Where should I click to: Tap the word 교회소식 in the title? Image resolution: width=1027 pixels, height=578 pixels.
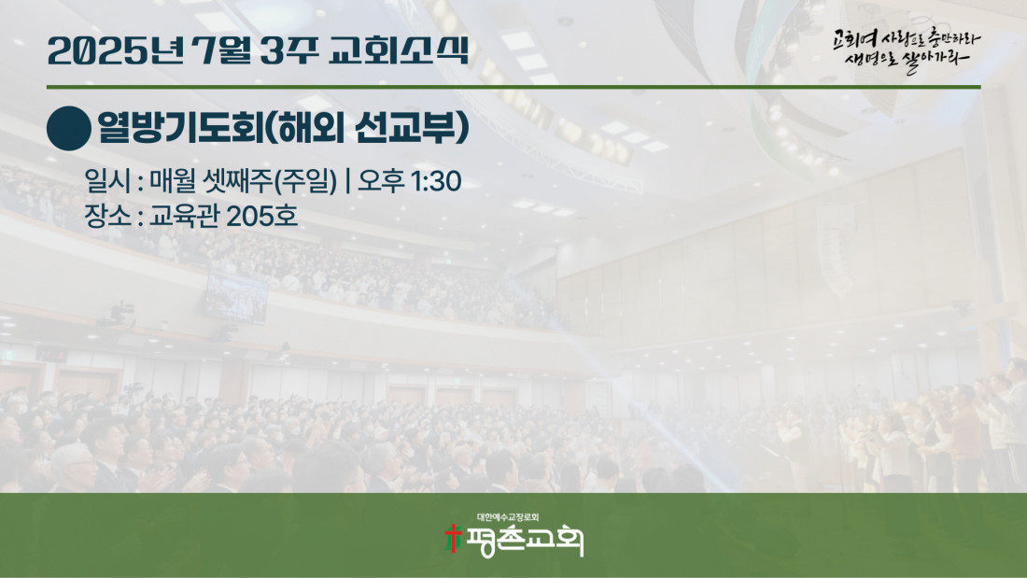tap(400, 50)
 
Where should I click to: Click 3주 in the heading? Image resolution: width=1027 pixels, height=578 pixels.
tap(289, 50)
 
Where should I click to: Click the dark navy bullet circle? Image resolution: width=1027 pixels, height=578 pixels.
tap(69, 129)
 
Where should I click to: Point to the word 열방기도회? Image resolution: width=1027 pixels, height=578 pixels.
tap(180, 127)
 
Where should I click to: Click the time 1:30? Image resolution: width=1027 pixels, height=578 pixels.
tap(436, 181)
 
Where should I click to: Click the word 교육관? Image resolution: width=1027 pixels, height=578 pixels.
tap(185, 216)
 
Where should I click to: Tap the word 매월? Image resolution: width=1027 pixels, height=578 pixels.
tap(174, 181)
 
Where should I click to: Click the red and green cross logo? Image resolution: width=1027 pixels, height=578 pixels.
tap(453, 538)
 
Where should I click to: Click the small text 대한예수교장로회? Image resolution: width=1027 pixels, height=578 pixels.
tap(508, 517)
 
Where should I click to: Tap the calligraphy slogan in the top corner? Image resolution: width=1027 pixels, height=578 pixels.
tap(907, 49)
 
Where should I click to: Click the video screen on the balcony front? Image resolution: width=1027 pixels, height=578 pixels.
tap(236, 298)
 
